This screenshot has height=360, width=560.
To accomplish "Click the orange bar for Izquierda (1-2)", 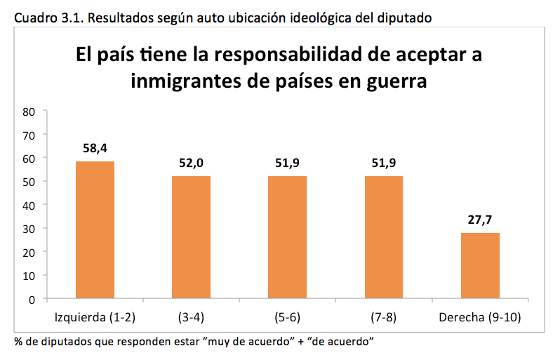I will click(x=95, y=230).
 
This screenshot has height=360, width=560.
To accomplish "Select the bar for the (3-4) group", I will click(x=191, y=237).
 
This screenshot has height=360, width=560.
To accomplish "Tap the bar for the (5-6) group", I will click(x=287, y=237).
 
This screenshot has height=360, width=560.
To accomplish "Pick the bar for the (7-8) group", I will click(x=383, y=237).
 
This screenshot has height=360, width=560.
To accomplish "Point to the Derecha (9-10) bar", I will click(x=480, y=266).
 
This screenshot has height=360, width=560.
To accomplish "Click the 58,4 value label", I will click(x=95, y=148).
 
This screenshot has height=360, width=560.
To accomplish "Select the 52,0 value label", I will click(x=191, y=163).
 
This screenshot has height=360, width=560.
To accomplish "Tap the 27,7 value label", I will click(x=480, y=220).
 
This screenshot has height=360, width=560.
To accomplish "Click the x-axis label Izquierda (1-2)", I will click(x=95, y=316).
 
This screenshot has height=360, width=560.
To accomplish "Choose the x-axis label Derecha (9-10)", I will click(x=480, y=316).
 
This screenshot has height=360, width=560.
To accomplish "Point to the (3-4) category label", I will click(x=191, y=316).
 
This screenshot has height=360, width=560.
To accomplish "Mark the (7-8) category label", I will click(x=383, y=316).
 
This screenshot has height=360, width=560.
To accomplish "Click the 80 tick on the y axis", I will click(x=29, y=111).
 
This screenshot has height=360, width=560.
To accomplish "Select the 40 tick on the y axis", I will click(x=29, y=205).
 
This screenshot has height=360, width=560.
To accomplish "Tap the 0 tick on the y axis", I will click(x=32, y=299).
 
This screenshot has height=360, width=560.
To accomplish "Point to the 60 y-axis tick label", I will click(x=29, y=158).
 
